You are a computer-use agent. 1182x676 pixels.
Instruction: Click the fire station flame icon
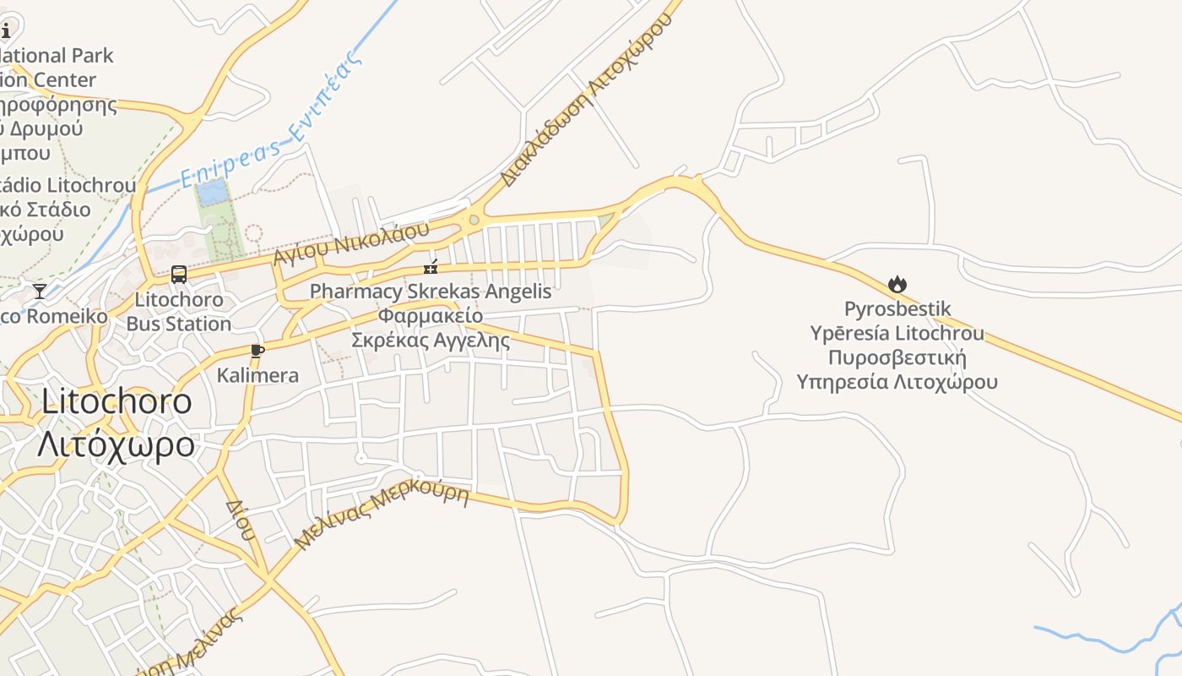coord(897,285)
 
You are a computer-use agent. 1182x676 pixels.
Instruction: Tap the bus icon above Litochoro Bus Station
coord(179,274)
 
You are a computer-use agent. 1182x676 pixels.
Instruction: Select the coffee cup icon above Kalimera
coord(258,351)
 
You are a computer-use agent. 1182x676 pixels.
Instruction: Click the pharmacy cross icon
coord(431,268)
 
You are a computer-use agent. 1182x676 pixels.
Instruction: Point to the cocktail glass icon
coord(40,292)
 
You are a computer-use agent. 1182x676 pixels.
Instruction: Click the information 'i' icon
coord(5,31)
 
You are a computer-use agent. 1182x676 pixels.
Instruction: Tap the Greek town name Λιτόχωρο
coord(116,444)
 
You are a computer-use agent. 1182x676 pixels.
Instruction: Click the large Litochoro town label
coord(117,401)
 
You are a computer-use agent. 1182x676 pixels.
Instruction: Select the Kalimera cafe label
coord(258,375)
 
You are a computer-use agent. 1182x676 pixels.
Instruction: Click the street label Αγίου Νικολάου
coord(350,243)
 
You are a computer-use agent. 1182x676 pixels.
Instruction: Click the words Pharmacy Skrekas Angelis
coord(430,292)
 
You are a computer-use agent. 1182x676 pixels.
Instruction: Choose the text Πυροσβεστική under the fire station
coord(897,357)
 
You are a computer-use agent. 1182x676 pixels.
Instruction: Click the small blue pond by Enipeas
coord(211,192)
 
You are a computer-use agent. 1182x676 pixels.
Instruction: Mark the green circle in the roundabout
coord(474,221)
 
